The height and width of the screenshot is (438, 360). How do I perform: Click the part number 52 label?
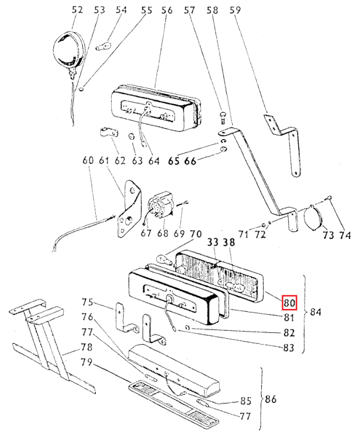pyautogui.click(x=77, y=10)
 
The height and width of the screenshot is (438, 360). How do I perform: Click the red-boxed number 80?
pyautogui.click(x=289, y=303)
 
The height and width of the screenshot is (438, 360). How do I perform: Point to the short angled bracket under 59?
pyautogui.click(x=283, y=143)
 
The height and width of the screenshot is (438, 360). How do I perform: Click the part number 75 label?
pyautogui.click(x=88, y=303)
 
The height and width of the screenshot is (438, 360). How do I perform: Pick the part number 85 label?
pyautogui.click(x=246, y=401)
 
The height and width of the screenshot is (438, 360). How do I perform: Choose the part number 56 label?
pyautogui.click(x=167, y=10)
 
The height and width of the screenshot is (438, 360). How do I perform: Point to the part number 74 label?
pyautogui.click(x=344, y=235)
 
